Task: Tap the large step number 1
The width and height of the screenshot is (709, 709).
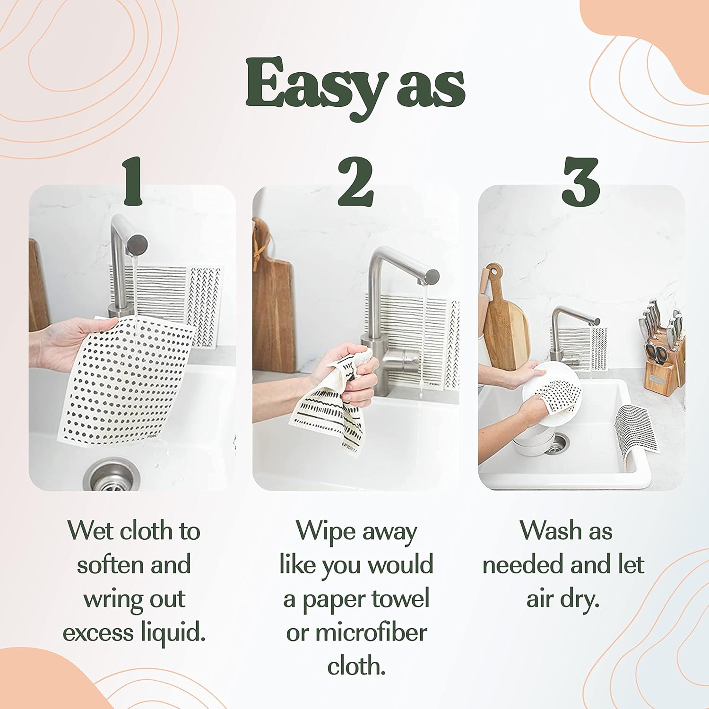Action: coord(133,182)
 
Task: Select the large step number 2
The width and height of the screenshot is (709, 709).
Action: coord(355,182)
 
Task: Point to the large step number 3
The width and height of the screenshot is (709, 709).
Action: coord(580,182)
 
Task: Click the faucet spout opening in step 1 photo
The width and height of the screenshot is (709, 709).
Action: coord(138,245)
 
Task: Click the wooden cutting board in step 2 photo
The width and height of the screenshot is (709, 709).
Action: coord(273,303)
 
